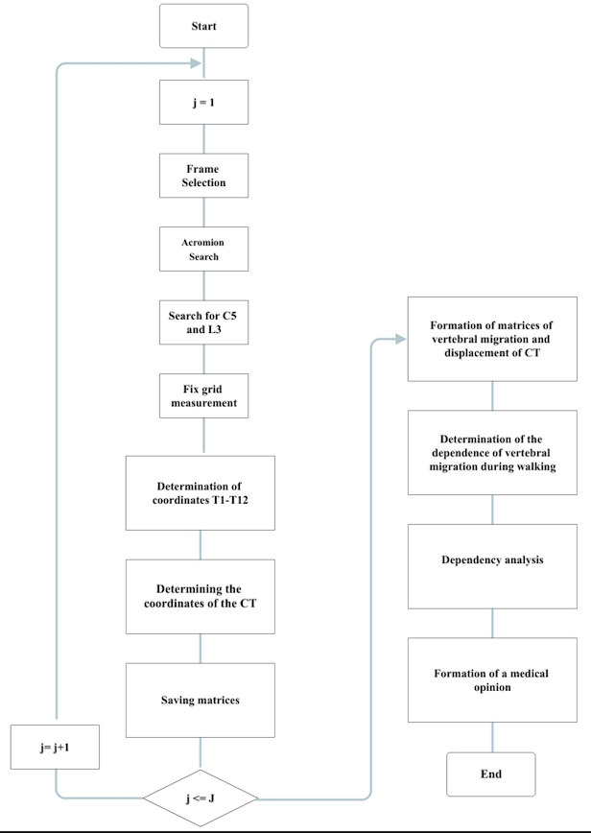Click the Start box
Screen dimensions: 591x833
click(x=204, y=26)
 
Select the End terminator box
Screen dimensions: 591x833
click(x=491, y=774)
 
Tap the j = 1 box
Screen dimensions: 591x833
click(x=204, y=102)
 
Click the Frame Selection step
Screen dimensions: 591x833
click(x=204, y=176)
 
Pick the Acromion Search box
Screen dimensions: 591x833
click(x=204, y=250)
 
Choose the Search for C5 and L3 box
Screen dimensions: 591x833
click(x=204, y=322)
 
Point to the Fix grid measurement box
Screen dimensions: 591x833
click(x=204, y=395)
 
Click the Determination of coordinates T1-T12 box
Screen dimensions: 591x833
click(x=201, y=493)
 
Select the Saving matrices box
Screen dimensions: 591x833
click(x=201, y=701)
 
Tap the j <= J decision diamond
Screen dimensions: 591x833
click(x=201, y=797)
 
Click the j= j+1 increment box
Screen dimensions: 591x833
click(x=55, y=747)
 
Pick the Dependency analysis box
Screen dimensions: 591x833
click(x=492, y=566)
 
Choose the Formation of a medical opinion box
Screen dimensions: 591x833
click(x=492, y=680)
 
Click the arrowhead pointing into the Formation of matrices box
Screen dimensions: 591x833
click(x=401, y=339)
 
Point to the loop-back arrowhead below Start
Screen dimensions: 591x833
click(x=196, y=63)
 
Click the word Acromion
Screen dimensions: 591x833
click(x=202, y=242)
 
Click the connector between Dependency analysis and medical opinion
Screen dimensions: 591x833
click(x=492, y=623)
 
